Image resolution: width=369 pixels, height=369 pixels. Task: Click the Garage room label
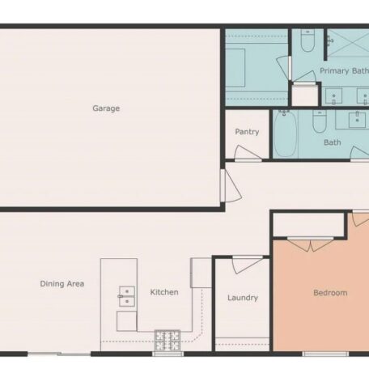pyautogui.click(x=106, y=108)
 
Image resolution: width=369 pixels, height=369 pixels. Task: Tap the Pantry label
pyautogui.click(x=247, y=132)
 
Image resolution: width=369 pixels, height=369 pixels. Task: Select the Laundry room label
pyautogui.click(x=243, y=298)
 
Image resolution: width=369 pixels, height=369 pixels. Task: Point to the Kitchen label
pyautogui.click(x=164, y=292)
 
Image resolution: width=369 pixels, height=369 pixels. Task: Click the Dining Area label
pyautogui.click(x=62, y=284)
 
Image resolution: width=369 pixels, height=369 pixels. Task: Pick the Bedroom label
pyautogui.click(x=330, y=293)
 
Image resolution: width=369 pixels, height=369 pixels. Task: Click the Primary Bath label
pyautogui.click(x=344, y=71)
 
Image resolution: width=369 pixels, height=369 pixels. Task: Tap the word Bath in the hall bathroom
pyautogui.click(x=333, y=142)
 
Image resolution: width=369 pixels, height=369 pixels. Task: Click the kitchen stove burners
pyautogui.click(x=168, y=341)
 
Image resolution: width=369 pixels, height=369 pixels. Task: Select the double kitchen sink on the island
pyautogui.click(x=127, y=296)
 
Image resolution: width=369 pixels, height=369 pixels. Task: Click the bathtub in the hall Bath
pyautogui.click(x=286, y=134)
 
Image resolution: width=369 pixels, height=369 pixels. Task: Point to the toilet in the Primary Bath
pyautogui.click(x=307, y=40)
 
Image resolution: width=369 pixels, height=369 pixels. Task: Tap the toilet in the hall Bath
pyautogui.click(x=320, y=121)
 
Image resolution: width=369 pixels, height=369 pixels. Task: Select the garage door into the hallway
pyautogui.click(x=231, y=186)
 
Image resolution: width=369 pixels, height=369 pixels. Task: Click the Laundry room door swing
pyautogui.click(x=247, y=265)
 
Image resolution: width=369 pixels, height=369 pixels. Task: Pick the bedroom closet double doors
pyautogui.click(x=311, y=244)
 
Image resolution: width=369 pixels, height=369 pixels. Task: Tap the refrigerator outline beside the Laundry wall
pyautogui.click(x=201, y=273)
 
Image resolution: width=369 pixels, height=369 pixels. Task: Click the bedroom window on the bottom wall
pyautogui.click(x=325, y=354)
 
